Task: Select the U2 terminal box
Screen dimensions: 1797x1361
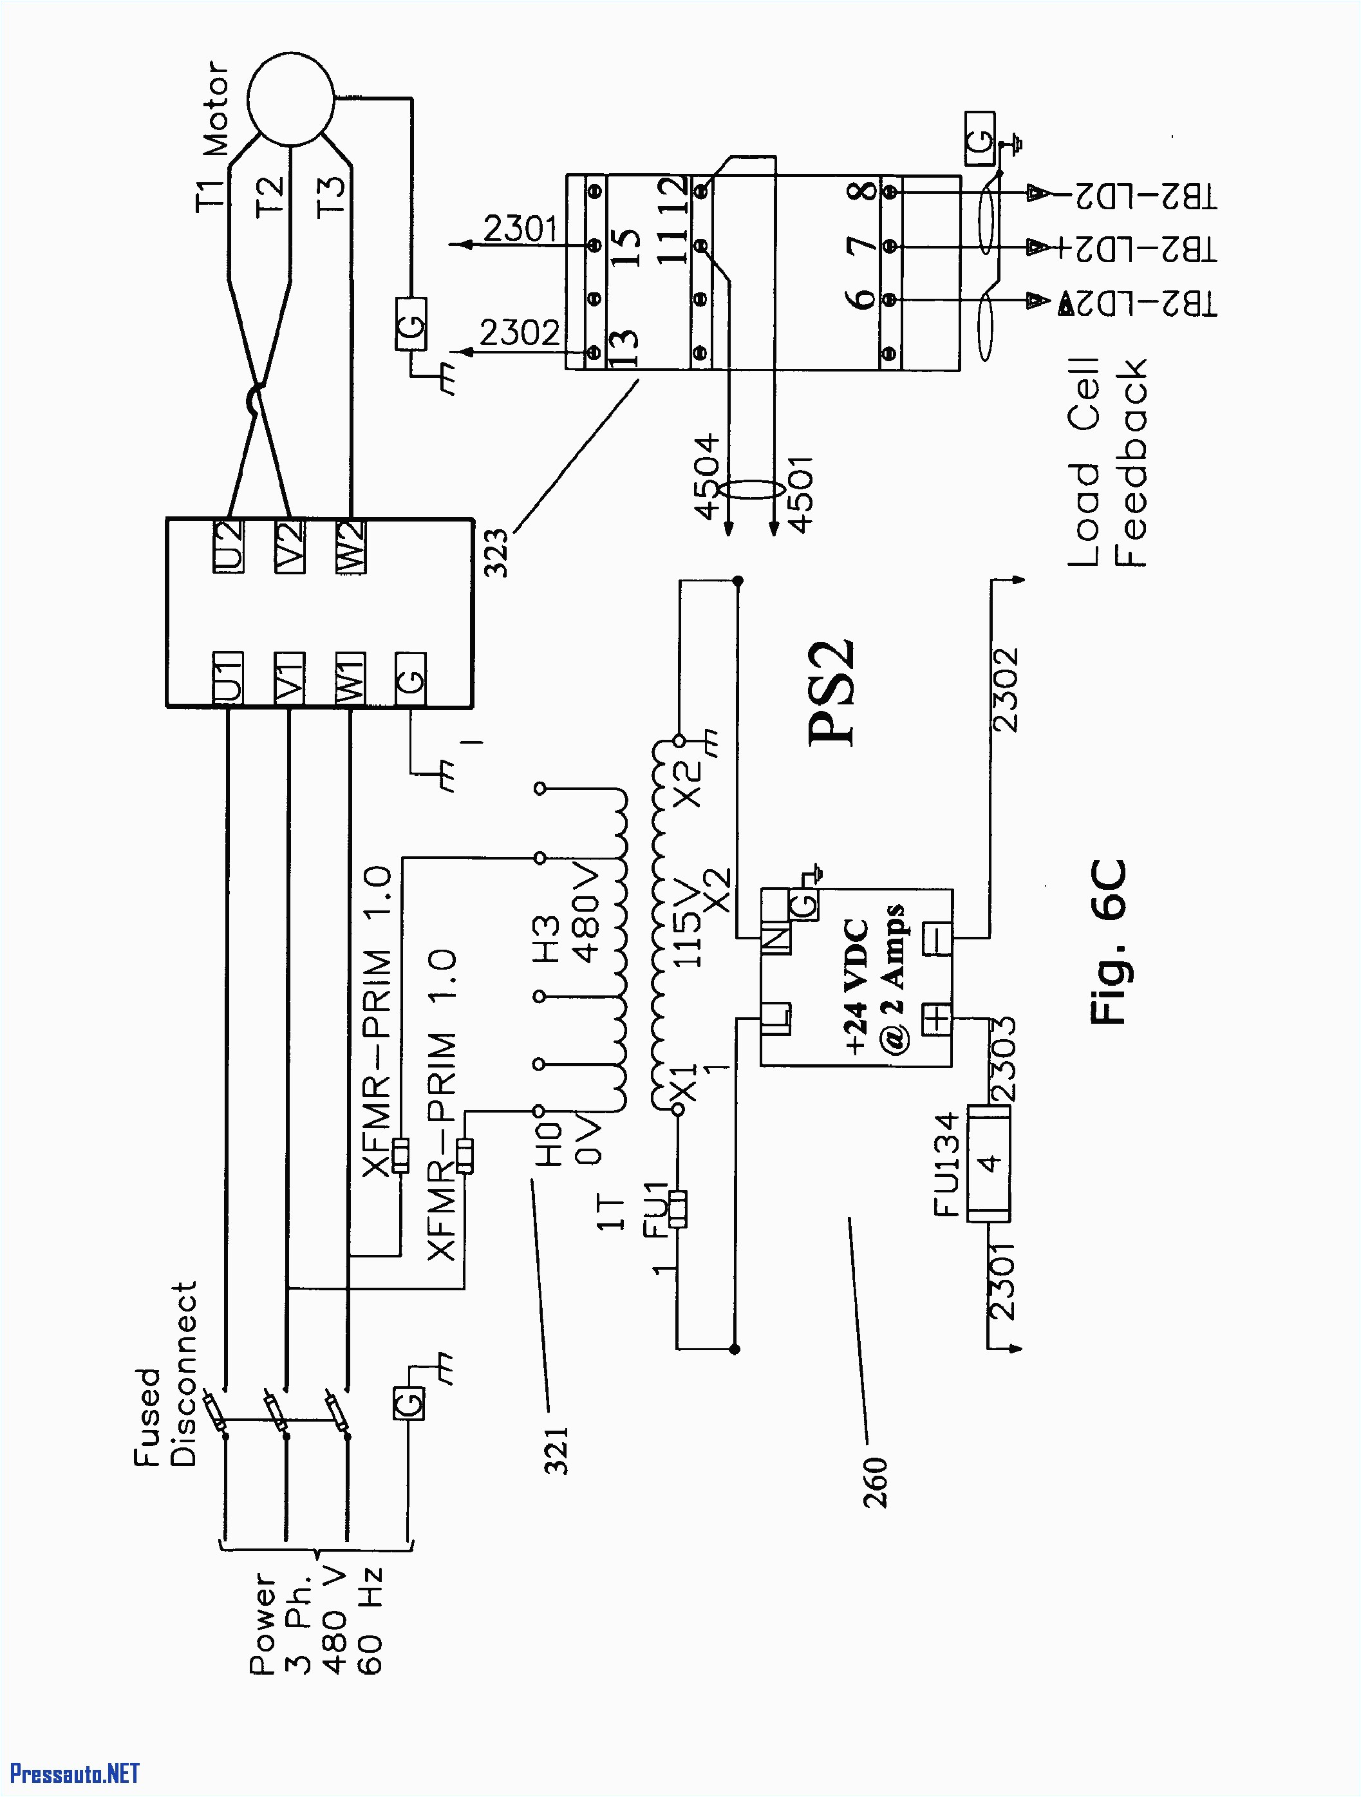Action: coord(229,546)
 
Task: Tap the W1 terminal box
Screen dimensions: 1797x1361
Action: coord(350,679)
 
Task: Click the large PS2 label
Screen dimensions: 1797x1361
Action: coord(832,692)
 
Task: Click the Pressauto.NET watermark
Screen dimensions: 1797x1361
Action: coord(75,1773)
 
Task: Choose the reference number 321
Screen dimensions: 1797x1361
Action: coord(557,1451)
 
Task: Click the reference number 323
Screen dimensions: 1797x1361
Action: coord(496,552)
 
